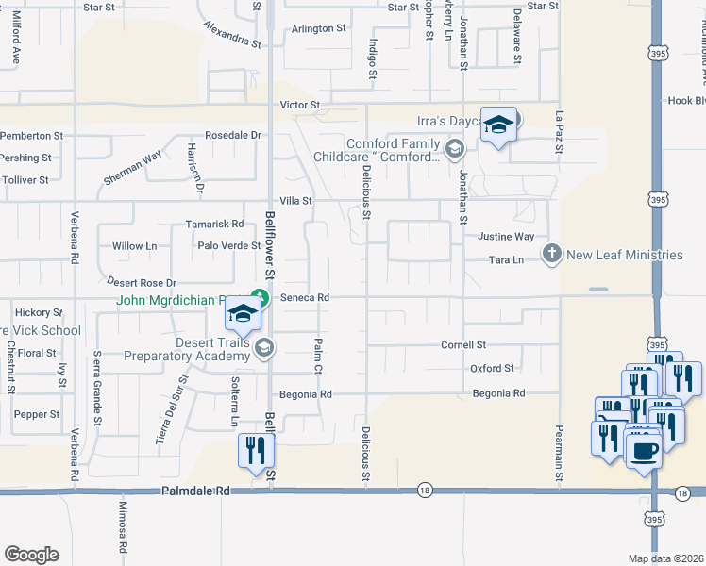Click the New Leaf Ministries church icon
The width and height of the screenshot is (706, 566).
pyautogui.click(x=552, y=255)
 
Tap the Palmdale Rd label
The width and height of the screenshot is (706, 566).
pyautogui.click(x=196, y=491)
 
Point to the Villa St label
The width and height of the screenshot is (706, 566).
pyautogui.click(x=294, y=201)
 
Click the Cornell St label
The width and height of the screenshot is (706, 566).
pyautogui.click(x=462, y=345)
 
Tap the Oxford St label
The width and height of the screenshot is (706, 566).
pyautogui.click(x=492, y=368)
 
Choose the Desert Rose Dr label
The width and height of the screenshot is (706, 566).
pyautogui.click(x=142, y=282)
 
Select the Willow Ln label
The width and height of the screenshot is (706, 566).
pyautogui.click(x=134, y=246)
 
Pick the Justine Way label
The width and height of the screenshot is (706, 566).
pyautogui.click(x=506, y=237)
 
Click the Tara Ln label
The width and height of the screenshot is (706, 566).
pyautogui.click(x=506, y=259)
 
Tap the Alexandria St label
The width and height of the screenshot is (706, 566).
pyautogui.click(x=231, y=35)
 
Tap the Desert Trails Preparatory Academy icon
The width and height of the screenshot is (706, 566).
pyautogui.click(x=264, y=349)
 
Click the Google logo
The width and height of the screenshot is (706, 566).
pyautogui.click(x=31, y=555)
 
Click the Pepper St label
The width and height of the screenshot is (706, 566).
pyautogui.click(x=37, y=414)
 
